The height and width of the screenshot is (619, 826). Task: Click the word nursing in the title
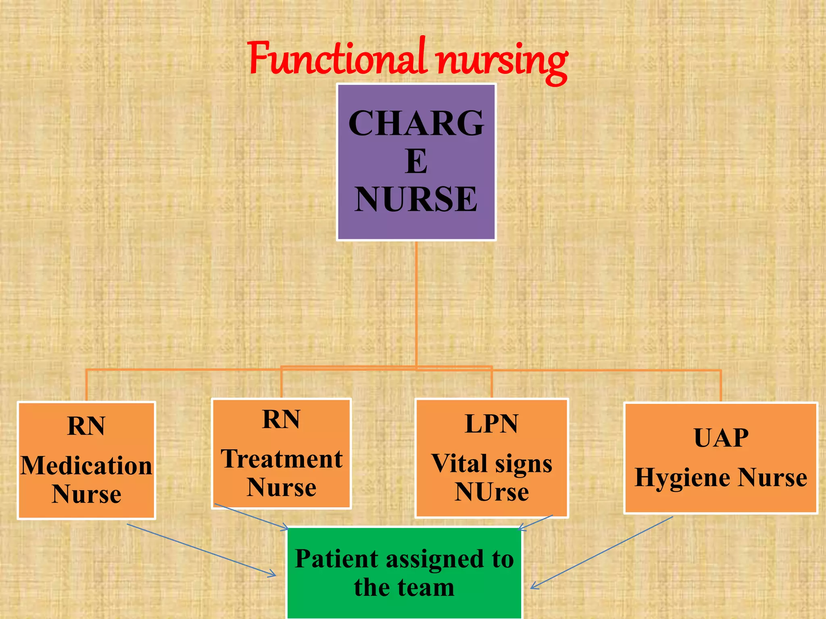tap(503, 60)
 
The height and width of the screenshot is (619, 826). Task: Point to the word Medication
tap(86, 466)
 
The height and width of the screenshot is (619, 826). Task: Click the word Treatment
tap(282, 459)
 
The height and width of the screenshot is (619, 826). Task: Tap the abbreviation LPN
tap(491, 424)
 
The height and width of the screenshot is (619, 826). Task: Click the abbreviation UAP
tap(721, 438)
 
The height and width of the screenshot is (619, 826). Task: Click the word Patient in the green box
tap(336, 559)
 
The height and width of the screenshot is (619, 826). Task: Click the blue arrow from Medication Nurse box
tap(202, 550)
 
